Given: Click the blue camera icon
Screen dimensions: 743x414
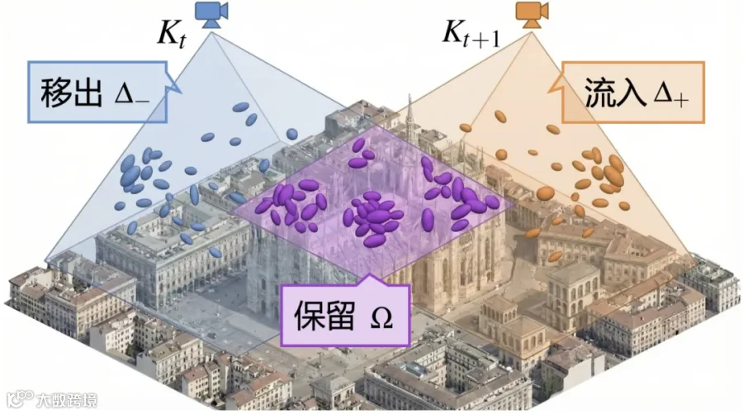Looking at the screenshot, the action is pyautogui.click(x=212, y=15).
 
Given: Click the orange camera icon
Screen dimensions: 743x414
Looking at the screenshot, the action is pyautogui.click(x=532, y=15).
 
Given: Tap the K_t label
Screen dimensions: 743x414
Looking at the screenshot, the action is pyautogui.click(x=172, y=34).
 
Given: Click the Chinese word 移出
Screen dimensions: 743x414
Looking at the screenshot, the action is pyautogui.click(x=71, y=93).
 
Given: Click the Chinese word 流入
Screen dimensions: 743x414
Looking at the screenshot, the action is pyautogui.click(x=615, y=92).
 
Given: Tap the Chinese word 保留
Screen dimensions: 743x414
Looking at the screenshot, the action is pyautogui.click(x=324, y=316).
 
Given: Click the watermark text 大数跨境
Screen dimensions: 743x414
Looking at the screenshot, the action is pyautogui.click(x=67, y=401).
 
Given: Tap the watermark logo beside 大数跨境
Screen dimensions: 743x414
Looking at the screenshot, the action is pyautogui.click(x=21, y=399).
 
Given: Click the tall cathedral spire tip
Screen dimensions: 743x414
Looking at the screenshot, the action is pyautogui.click(x=409, y=95).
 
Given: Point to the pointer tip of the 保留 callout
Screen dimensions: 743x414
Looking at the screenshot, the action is pyautogui.click(x=371, y=274).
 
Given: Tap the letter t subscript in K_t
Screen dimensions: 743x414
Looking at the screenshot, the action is pyautogui.click(x=182, y=42).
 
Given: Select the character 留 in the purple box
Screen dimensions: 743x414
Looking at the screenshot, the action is pyautogui.click(x=340, y=316).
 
